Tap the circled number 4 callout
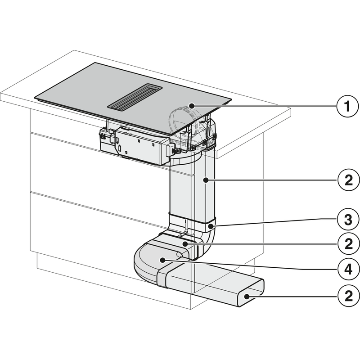click(x=346, y=270)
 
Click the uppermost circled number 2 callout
click(x=346, y=180)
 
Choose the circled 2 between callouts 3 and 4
click(x=346, y=245)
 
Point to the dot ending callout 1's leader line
click(x=192, y=106)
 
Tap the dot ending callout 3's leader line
click(x=211, y=222)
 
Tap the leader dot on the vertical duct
click(x=205, y=180)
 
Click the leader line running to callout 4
click(x=252, y=265)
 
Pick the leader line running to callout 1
click(x=265, y=106)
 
